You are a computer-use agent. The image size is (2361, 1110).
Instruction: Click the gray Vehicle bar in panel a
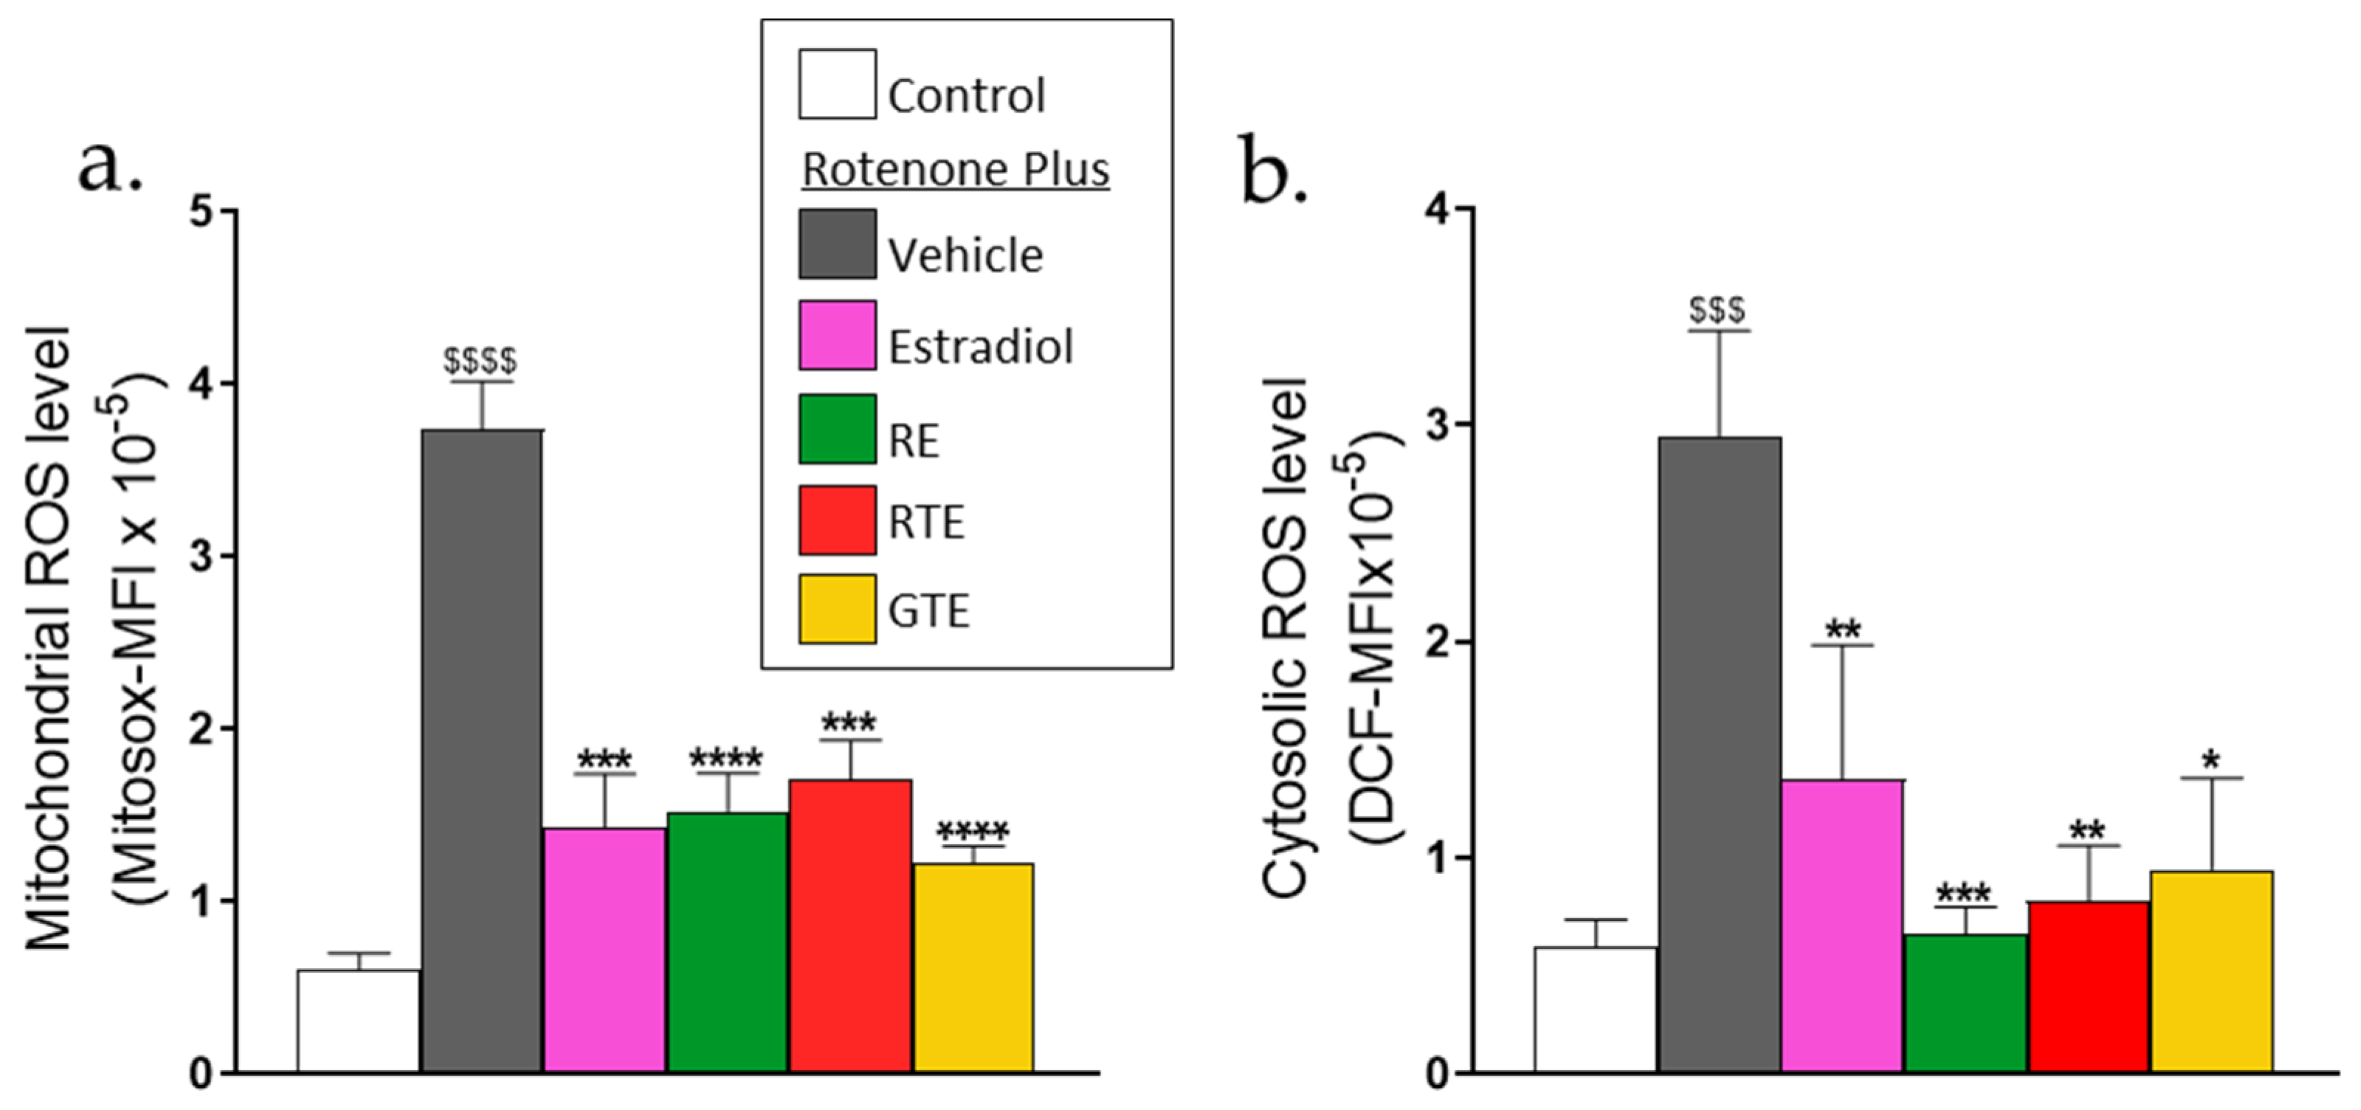[x=481, y=751]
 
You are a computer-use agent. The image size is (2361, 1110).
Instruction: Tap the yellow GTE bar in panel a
[x=973, y=967]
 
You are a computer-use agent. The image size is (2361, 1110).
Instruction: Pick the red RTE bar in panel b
[x=2089, y=986]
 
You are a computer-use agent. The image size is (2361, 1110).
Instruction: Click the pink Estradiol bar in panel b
[x=1842, y=925]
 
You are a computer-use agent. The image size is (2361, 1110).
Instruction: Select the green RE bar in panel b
[x=1965, y=1003]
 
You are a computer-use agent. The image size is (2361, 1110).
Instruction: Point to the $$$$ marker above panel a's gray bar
[x=480, y=361]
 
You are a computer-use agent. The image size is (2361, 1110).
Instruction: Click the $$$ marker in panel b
[x=1717, y=311]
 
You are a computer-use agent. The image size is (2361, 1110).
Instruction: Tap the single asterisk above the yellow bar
[x=2212, y=760]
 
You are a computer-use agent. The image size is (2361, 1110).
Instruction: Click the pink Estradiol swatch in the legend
[x=837, y=336]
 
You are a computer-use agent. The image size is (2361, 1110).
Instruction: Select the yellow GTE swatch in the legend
[x=837, y=609]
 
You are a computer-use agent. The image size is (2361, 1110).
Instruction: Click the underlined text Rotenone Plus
[x=956, y=170]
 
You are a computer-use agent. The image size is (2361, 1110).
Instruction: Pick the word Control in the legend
[x=966, y=95]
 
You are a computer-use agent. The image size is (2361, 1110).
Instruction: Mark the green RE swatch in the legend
[x=837, y=429]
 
